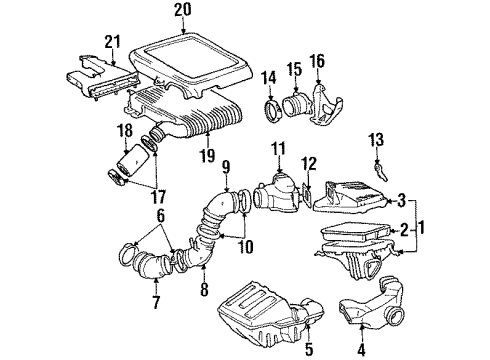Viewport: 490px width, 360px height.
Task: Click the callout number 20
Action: (180, 11)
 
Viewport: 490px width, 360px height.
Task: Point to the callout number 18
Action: (126, 130)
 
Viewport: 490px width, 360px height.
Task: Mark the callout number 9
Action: (226, 166)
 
